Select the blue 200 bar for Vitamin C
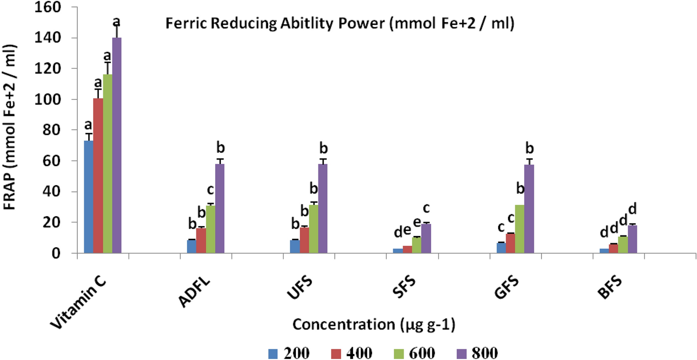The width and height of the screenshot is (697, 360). click(x=89, y=197)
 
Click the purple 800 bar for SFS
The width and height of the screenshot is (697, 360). click(x=426, y=238)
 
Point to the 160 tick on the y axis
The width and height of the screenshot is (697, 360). click(x=60, y=7)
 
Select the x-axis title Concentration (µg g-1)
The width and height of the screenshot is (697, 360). click(x=373, y=325)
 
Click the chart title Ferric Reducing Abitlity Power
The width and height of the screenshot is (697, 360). click(x=340, y=25)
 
